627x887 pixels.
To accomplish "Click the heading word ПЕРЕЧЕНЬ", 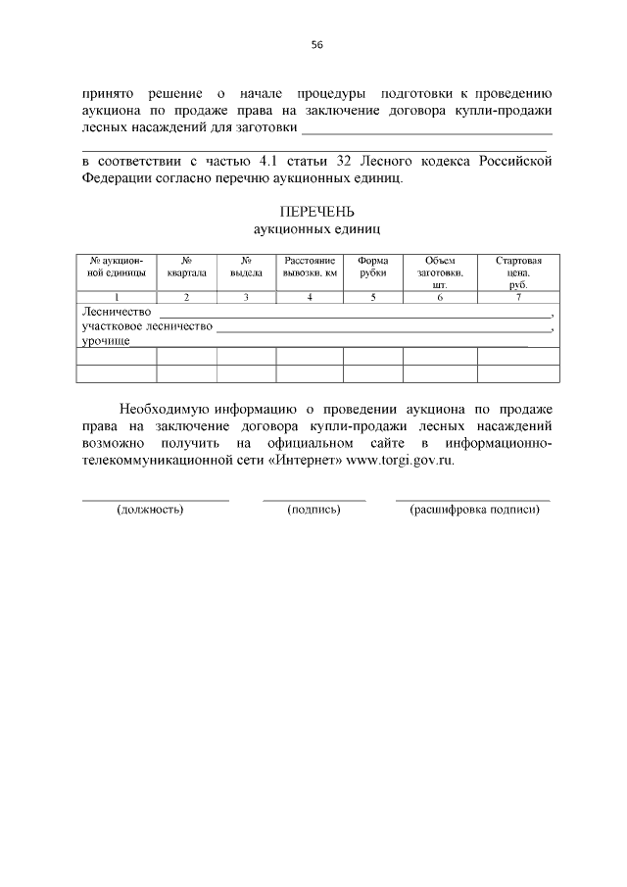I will tap(316, 212).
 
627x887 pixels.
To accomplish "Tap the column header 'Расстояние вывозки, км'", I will tap(310, 267).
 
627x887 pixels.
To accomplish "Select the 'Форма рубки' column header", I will tap(373, 267).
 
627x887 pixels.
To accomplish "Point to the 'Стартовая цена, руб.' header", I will tap(518, 271).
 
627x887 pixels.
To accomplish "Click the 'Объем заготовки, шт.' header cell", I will tap(440, 271).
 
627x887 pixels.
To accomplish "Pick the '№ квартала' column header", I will tap(186, 267).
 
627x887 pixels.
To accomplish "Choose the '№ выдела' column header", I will tap(246, 267).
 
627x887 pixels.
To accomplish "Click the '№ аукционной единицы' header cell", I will tap(117, 267).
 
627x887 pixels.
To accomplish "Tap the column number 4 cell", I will tap(310, 297).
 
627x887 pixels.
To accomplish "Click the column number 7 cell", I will tap(518, 297).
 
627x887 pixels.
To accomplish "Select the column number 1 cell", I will tap(117, 297).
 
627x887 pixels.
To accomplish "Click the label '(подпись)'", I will tap(313, 511).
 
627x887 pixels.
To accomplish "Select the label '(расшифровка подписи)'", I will tap(475, 511).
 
